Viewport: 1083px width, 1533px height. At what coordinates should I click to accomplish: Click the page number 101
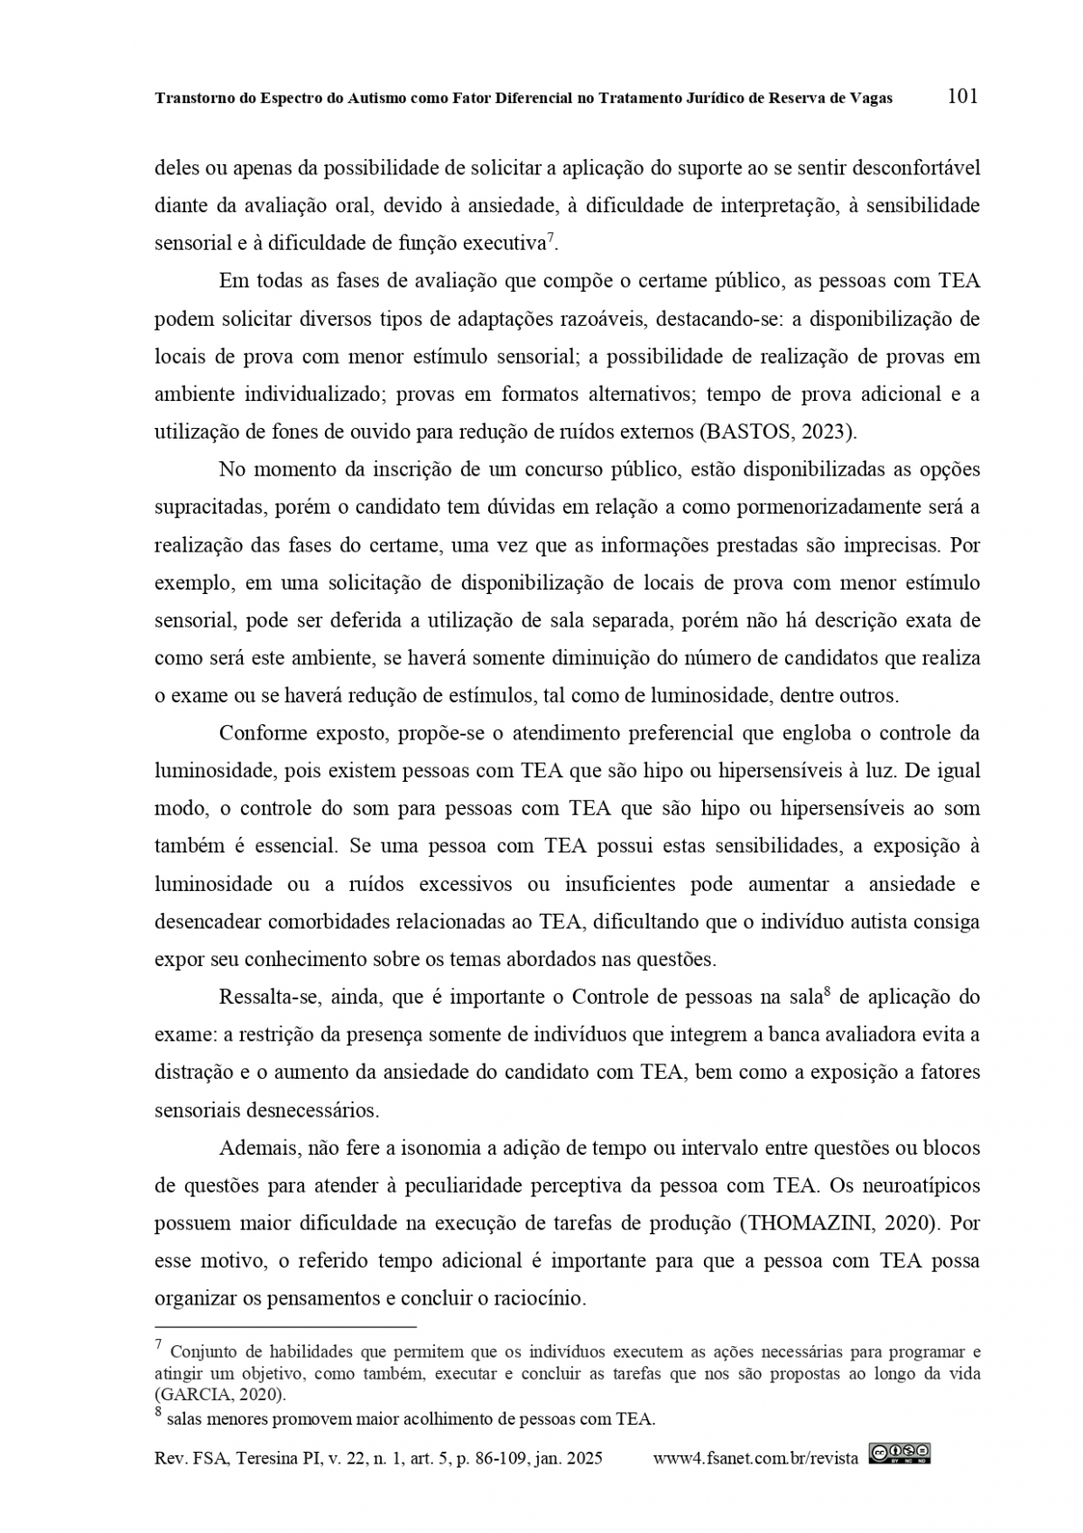click(x=963, y=96)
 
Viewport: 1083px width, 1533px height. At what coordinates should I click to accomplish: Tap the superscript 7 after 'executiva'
click(x=551, y=238)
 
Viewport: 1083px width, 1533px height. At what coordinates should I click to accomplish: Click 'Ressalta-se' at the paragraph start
click(x=269, y=998)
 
